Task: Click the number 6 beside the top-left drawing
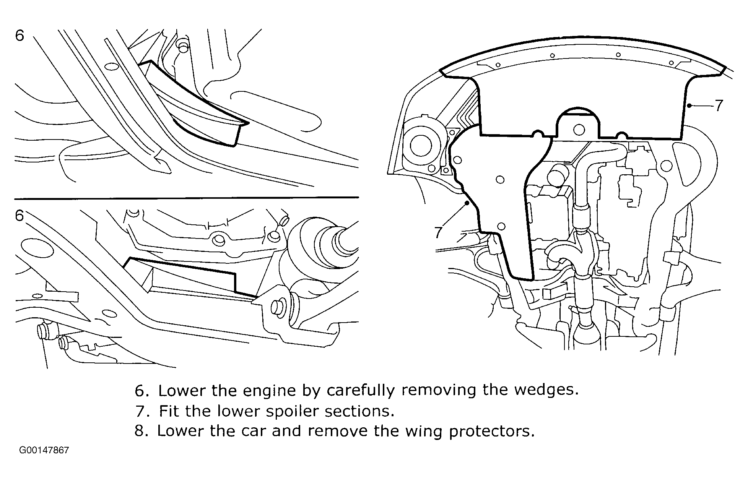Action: point(20,36)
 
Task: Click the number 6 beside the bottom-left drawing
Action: point(20,216)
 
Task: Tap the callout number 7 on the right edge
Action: point(719,105)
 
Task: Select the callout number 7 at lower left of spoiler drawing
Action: point(439,232)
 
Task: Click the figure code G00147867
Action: point(44,450)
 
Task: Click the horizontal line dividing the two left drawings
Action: point(187,198)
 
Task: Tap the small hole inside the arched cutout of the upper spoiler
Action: point(579,130)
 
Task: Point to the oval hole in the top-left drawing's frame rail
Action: point(112,67)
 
